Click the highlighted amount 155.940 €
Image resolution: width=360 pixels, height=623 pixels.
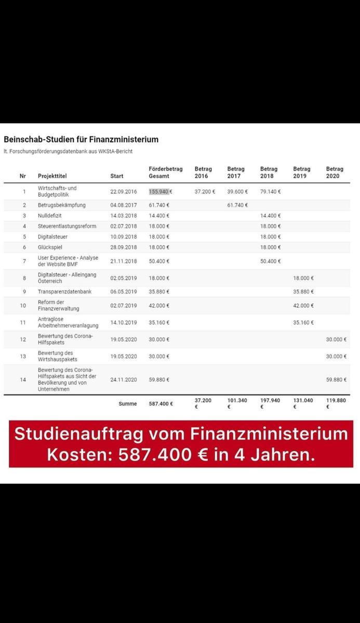coord(159,192)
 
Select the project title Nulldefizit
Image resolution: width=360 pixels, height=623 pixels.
coord(49,215)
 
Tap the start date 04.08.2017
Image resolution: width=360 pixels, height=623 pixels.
coord(124,205)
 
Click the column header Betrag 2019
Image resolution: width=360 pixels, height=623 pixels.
coord(301,172)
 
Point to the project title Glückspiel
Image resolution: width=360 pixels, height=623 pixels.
coord(49,247)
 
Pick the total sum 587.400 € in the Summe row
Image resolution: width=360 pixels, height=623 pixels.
coord(161,403)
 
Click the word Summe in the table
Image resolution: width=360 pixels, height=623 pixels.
coord(127,403)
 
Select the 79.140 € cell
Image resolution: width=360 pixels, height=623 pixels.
coord(270,192)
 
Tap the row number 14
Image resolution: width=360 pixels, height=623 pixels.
coord(23,380)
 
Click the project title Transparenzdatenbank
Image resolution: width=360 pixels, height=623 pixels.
coord(64,292)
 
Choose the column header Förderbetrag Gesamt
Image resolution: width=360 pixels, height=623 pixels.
coord(165,172)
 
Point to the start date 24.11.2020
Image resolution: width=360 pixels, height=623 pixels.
coord(124,380)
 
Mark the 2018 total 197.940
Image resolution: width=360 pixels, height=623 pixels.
coord(270,400)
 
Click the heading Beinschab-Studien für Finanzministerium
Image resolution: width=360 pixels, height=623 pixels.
coord(81,140)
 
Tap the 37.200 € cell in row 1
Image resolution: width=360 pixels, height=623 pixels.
coord(205,192)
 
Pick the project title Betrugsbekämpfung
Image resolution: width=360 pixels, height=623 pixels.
coord(61,205)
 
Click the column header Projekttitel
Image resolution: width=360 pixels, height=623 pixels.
coord(52,176)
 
